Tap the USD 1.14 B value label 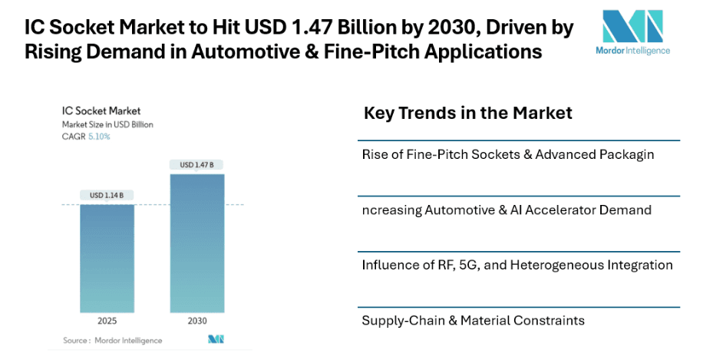(107, 195)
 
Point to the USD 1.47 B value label (196, 165)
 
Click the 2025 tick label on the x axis (107, 320)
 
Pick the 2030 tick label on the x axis (196, 320)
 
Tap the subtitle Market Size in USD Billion (107, 124)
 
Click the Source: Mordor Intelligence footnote (113, 340)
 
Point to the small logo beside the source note (216, 339)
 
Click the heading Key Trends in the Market (467, 114)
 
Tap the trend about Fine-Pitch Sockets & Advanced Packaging (507, 154)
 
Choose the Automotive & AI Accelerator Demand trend (507, 210)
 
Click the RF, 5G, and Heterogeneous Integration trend (517, 265)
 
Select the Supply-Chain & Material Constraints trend (473, 320)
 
